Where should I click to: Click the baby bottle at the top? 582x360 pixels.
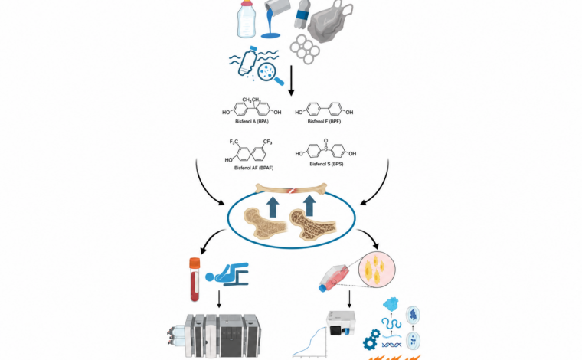click(x=247, y=18)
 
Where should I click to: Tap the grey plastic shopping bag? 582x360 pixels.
click(x=330, y=22)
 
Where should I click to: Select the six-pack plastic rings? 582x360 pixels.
click(x=305, y=49)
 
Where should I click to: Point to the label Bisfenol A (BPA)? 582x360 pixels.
click(x=252, y=122)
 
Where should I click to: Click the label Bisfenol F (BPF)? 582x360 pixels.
click(x=324, y=122)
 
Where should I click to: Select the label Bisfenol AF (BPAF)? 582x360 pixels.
click(x=253, y=168)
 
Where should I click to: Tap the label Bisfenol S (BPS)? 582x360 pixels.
click(x=326, y=164)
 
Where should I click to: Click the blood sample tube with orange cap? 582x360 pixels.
click(x=195, y=279)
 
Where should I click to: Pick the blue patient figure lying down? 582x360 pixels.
click(x=227, y=274)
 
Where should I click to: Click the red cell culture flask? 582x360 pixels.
click(x=334, y=278)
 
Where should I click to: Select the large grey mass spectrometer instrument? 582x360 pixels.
click(x=214, y=336)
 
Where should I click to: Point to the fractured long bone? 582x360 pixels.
click(x=291, y=189)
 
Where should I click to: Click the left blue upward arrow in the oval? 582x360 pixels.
click(x=273, y=207)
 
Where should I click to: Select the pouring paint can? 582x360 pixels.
click(x=273, y=18)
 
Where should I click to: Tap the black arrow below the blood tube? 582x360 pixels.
click(x=219, y=299)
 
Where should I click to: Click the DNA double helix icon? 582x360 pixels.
click(x=391, y=345)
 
